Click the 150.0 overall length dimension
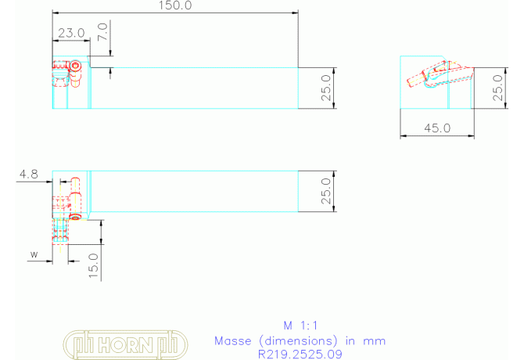tap(175, 5)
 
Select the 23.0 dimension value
tap(71, 33)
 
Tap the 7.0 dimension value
tap(103, 32)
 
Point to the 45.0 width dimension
tap(437, 128)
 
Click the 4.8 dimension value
tap(29, 175)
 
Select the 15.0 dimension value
tap(94, 266)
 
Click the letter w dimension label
tap(34, 254)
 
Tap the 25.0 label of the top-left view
tap(326, 88)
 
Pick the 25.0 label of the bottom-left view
tap(326, 191)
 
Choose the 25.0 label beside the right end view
tap(497, 88)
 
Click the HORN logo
tap(125, 344)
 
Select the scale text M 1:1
tap(300, 326)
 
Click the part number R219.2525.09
tap(300, 355)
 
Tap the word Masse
tap(232, 341)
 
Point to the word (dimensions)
tap(299, 341)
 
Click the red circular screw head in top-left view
tap(75, 66)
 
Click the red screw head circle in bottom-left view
tap(76, 218)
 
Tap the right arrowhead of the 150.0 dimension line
tap(295, 13)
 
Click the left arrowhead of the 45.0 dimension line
tap(404, 136)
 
